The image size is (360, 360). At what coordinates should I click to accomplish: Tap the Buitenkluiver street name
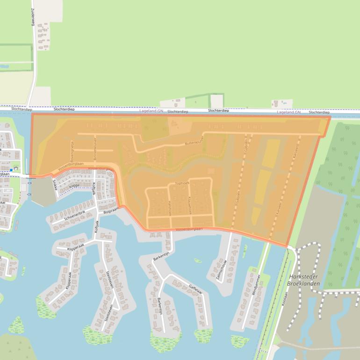tap(195, 142)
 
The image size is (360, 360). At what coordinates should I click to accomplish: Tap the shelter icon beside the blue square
tap(16, 167)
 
